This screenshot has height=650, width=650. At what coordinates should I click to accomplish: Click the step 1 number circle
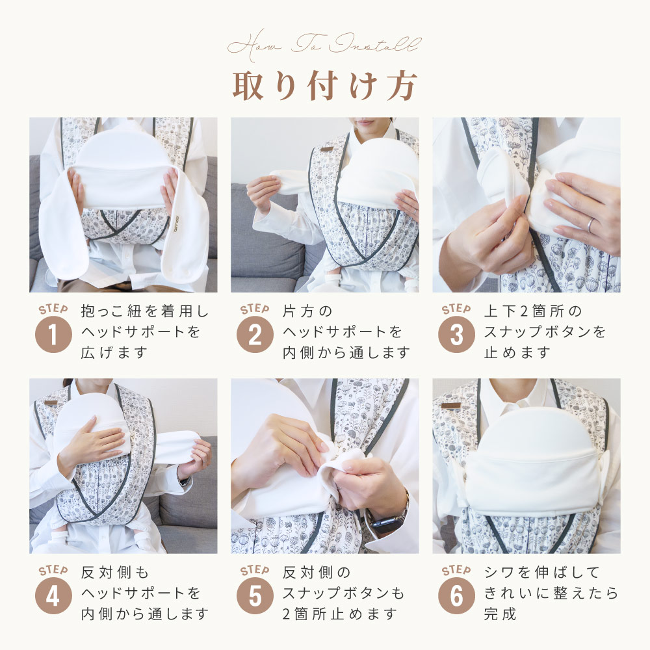point(53,335)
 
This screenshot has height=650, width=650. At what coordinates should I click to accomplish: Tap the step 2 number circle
point(255,335)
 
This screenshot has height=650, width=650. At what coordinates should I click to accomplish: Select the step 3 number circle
point(456,335)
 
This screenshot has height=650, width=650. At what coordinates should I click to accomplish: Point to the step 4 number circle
point(53,595)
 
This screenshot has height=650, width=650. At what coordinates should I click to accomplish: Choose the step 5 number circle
point(255,595)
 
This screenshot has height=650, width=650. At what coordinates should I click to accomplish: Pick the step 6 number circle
point(456,595)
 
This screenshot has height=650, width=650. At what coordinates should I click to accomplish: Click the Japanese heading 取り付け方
point(324,86)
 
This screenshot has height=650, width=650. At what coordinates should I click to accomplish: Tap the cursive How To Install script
point(324,45)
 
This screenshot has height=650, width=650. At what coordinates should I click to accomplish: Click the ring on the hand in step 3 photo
point(590,224)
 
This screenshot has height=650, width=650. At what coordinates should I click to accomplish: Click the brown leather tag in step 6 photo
point(452,405)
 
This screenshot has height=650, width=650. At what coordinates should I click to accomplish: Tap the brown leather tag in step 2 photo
point(327,149)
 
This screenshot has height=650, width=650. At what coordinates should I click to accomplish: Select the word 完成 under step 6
point(500,614)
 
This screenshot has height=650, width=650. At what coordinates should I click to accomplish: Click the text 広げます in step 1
point(114,353)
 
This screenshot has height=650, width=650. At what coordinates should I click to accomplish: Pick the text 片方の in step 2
point(307,311)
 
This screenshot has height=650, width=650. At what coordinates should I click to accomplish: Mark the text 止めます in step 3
point(517,353)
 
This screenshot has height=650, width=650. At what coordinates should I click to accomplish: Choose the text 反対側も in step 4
point(115,573)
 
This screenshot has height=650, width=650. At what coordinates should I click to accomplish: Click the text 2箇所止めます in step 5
point(339,614)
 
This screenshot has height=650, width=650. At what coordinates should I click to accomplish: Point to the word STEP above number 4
point(53,571)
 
